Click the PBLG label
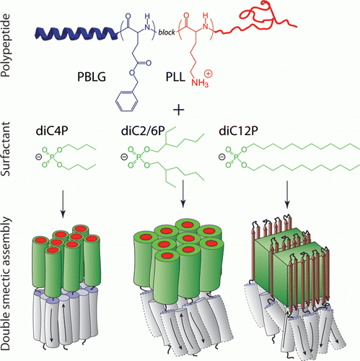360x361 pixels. point(92,77)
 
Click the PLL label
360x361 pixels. point(175,77)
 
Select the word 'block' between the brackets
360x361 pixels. point(167,32)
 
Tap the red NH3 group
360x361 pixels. point(200,83)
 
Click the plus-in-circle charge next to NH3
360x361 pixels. point(208,74)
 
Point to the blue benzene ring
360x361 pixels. point(127,101)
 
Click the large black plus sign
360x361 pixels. point(179,110)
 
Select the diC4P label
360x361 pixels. point(52,131)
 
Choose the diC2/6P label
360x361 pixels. point(143,131)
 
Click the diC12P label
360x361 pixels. point(238,131)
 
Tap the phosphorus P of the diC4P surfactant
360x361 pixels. point(53,157)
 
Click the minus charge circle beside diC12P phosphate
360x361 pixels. point(222,157)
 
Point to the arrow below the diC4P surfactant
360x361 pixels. point(63,204)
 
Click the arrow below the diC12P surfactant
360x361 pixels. point(287,194)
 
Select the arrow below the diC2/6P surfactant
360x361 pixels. point(183,193)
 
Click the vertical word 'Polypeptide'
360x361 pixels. point(6,45)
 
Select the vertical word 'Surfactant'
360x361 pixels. point(6,149)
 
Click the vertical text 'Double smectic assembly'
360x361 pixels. point(6,284)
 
